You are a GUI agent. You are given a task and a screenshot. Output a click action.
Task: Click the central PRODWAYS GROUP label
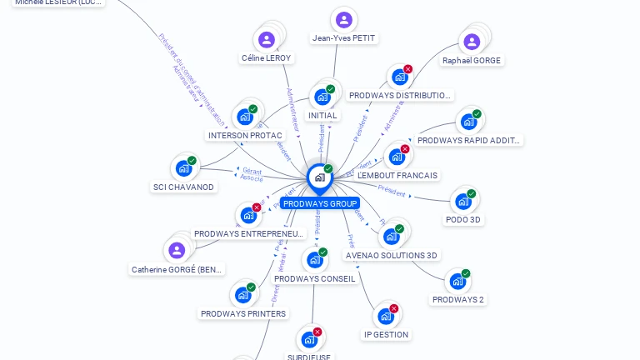(320, 203)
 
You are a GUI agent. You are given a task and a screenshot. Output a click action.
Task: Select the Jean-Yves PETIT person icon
(343, 20)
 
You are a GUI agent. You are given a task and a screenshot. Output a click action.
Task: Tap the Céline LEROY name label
(267, 57)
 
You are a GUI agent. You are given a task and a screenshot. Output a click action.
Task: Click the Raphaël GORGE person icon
(472, 42)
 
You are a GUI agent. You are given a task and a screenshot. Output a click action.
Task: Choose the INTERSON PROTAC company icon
(245, 117)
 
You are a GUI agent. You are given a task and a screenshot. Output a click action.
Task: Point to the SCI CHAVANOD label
(184, 187)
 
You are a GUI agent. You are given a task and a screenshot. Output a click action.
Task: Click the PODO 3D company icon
(463, 201)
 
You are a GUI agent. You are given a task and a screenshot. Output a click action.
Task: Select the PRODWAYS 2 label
(457, 299)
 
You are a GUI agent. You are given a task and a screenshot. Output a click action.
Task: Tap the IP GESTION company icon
(386, 316)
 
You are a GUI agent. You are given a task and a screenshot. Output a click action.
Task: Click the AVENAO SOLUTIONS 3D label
(392, 255)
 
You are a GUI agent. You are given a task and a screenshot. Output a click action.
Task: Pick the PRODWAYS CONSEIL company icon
(314, 260)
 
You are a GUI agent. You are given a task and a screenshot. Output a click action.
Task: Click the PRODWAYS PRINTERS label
(243, 313)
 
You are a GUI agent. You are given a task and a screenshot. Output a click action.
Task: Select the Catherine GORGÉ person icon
(177, 250)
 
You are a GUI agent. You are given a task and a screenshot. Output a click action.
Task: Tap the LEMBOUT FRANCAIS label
(397, 175)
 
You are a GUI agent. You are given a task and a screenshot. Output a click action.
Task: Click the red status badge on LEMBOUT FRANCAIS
(405, 149)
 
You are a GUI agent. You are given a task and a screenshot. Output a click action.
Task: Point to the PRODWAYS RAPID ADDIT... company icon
(468, 122)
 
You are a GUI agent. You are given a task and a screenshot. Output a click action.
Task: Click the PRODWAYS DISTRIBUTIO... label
(401, 95)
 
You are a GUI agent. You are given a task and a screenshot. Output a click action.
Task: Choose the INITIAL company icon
(322, 97)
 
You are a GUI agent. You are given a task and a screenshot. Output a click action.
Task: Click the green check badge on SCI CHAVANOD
(192, 161)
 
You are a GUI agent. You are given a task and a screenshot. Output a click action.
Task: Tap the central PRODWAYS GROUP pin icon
(319, 177)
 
